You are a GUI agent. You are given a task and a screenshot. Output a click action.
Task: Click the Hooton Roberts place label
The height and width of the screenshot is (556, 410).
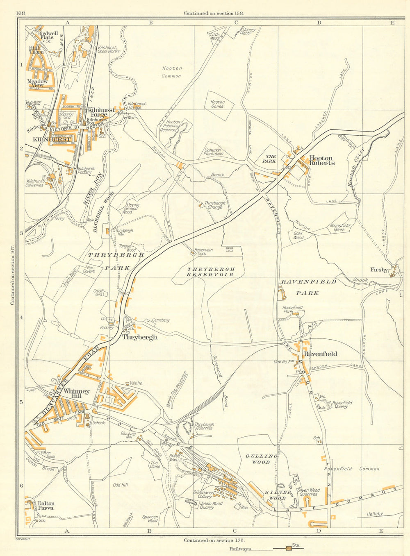point(322,160)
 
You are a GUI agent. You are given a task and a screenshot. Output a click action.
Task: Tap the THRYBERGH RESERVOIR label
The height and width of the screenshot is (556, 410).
point(211,272)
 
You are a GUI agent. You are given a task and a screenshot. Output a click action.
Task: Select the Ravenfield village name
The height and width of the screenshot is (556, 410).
point(320,354)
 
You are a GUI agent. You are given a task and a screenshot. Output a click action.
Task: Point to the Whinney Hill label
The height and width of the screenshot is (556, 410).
point(77,394)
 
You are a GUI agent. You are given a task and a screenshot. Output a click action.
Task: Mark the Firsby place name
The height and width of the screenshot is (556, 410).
point(379,270)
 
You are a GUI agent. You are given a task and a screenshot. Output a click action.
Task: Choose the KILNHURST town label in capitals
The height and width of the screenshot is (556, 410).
point(52,139)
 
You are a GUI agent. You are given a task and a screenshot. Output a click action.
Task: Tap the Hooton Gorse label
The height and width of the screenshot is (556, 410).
point(217,104)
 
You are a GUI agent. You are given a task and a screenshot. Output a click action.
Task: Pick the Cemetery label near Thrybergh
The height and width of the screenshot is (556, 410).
point(160,320)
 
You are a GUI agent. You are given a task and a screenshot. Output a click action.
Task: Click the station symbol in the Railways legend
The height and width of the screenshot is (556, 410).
point(289,548)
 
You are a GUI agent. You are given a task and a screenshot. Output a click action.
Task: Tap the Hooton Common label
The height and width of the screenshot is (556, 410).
point(171,72)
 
